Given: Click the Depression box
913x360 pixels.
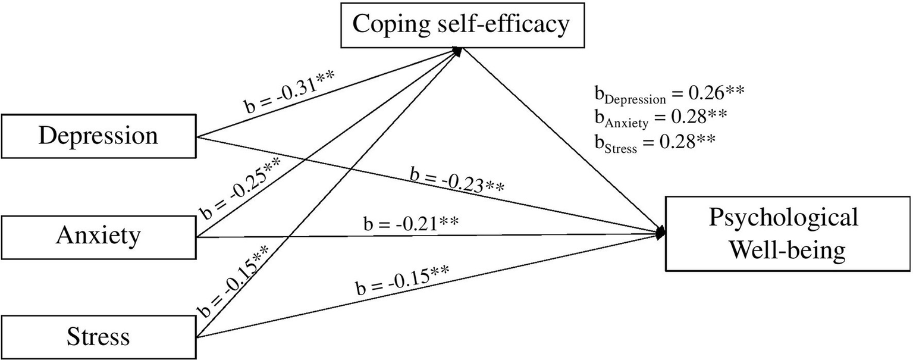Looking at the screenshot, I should click(98, 136).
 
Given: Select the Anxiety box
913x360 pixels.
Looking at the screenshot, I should click(98, 236).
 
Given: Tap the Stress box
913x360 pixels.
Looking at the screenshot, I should click(98, 337).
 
